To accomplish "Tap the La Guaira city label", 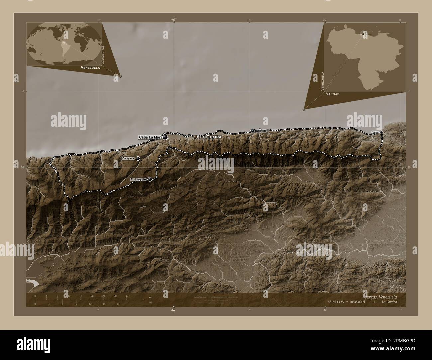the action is (x=210, y=137).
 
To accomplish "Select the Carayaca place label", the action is (x=128, y=159).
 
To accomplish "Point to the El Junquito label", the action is (x=138, y=179).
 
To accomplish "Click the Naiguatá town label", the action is (x=261, y=131).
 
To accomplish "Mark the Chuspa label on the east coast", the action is (x=375, y=132).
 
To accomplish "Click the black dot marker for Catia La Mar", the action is (x=165, y=137).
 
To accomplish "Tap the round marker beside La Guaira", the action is (x=195, y=137).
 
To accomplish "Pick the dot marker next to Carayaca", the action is (x=138, y=159).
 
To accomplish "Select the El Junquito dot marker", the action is (x=150, y=179).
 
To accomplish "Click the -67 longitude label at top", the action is (x=173, y=19).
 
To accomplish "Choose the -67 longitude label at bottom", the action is (x=173, y=310).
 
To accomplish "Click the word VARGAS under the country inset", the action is (x=333, y=94).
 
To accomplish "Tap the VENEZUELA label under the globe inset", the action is (x=90, y=67).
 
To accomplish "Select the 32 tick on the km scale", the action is (x=127, y=296).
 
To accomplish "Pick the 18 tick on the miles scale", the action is (x=118, y=304).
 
